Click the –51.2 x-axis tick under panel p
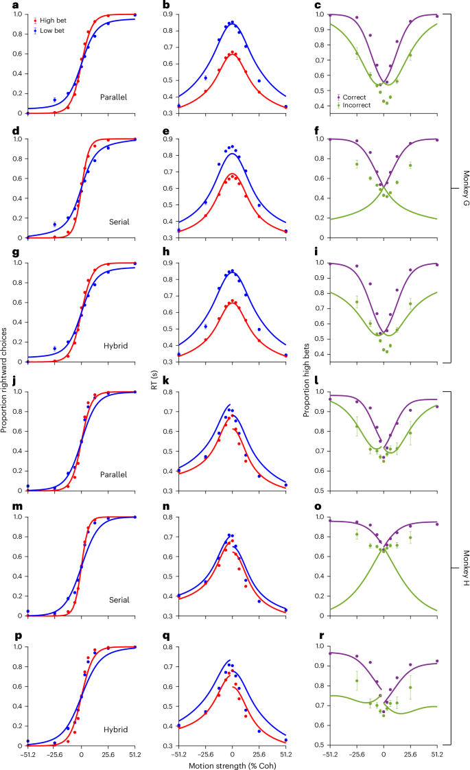coord(26,754)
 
